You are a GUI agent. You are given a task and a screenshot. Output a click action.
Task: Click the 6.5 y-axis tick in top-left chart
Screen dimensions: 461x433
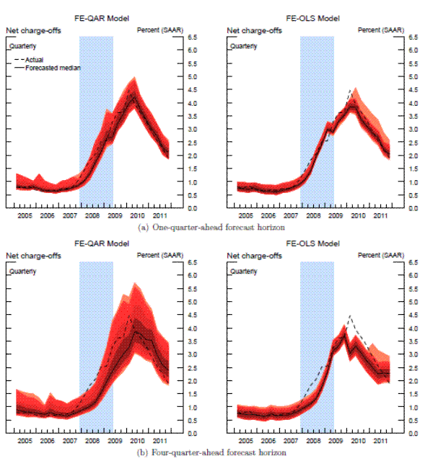(x=193, y=37)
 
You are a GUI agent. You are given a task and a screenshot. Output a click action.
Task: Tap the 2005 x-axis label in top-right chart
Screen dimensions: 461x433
(x=246, y=215)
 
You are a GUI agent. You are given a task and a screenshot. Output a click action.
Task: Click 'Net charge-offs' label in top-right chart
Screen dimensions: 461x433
(x=250, y=30)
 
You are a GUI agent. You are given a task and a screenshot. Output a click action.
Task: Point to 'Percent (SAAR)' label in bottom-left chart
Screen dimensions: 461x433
(x=158, y=256)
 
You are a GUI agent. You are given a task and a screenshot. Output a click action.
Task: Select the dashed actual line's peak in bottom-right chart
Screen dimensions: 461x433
(x=350, y=315)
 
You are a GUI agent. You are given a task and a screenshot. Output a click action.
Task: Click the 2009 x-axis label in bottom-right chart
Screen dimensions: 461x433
(x=336, y=441)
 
